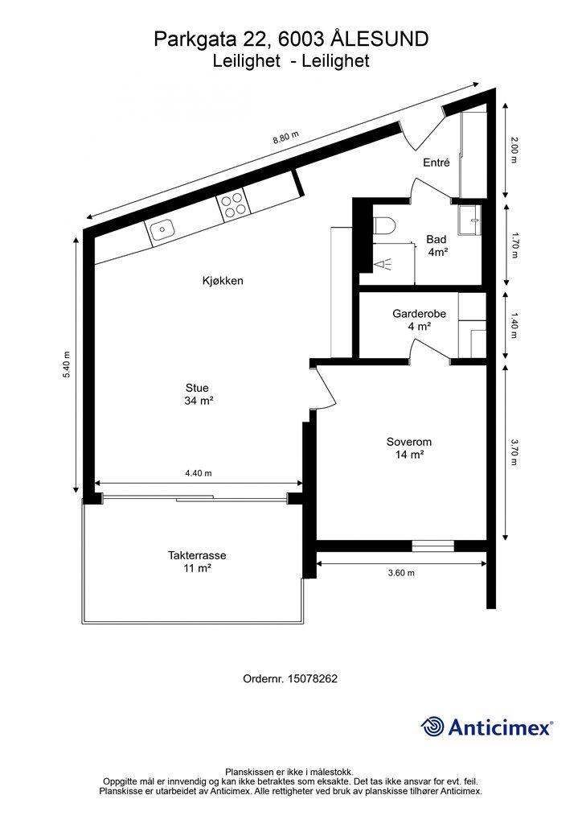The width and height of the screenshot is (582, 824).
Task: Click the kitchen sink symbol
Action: click(x=162, y=230)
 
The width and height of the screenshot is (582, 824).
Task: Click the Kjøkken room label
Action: click(x=223, y=281)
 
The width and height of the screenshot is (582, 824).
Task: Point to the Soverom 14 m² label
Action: click(x=409, y=448)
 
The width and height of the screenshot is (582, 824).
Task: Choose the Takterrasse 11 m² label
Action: click(x=197, y=562)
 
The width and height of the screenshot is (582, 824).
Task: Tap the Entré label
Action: click(x=436, y=163)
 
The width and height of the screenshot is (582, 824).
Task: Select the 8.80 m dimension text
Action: click(x=285, y=138)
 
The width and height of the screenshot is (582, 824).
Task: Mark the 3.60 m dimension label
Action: click(x=400, y=573)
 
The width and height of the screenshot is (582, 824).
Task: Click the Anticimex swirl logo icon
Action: click(x=432, y=727)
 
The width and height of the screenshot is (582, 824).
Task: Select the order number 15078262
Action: click(x=312, y=678)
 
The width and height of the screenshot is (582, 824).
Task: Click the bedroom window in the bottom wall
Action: click(x=432, y=546)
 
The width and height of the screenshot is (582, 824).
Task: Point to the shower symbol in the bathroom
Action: click(x=383, y=262)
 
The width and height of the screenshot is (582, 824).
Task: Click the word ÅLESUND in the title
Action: click(x=381, y=39)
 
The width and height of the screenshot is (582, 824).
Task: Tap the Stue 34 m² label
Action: click(x=197, y=393)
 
